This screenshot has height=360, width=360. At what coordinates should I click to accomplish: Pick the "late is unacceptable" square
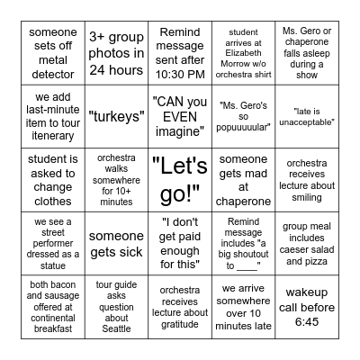[x=307, y=116]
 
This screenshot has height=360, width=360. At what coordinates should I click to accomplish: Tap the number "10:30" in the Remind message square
[x=168, y=75]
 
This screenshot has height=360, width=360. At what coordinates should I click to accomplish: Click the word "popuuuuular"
[x=244, y=116]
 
